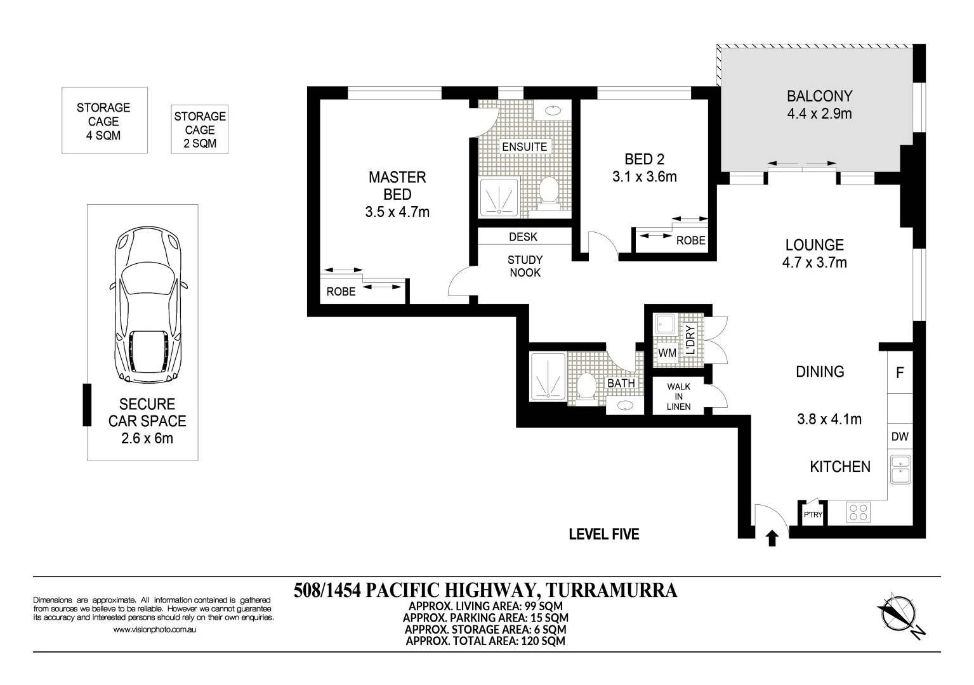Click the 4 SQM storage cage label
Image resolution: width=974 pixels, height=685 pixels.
(x=103, y=121)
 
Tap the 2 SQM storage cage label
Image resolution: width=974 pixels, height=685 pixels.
(x=200, y=129)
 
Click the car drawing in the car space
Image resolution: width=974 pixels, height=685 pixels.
(x=148, y=304)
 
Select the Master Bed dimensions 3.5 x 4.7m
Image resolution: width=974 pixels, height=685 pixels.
(x=397, y=212)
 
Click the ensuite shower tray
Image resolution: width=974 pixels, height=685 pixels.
(x=499, y=197)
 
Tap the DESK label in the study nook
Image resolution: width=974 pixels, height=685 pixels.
(x=523, y=237)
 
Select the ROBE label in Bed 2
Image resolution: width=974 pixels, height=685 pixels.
(x=690, y=240)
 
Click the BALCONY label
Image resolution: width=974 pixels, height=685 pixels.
(x=819, y=96)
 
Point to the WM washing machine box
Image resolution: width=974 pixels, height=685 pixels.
(x=667, y=353)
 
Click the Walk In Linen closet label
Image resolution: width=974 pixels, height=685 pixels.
(x=678, y=396)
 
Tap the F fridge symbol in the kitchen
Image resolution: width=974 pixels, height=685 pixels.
(x=900, y=372)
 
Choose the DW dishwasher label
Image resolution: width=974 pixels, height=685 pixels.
(x=900, y=436)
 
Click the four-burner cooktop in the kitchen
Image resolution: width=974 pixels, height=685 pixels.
(x=858, y=512)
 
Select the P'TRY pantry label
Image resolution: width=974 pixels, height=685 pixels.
(x=813, y=514)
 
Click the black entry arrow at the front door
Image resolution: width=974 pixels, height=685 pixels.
(x=772, y=538)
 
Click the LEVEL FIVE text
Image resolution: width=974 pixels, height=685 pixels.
(x=604, y=534)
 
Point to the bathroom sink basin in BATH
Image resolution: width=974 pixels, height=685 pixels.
(x=625, y=406)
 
